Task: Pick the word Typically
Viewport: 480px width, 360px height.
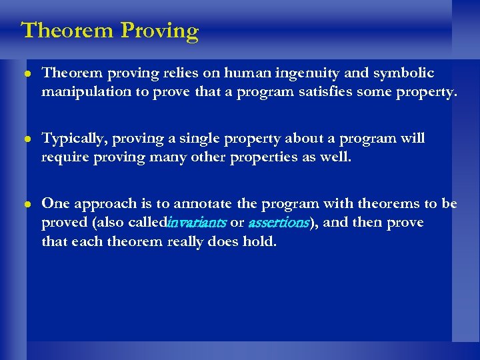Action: [73, 139]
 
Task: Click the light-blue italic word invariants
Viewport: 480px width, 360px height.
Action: [197, 223]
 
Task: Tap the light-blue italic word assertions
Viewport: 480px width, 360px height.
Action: [278, 223]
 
